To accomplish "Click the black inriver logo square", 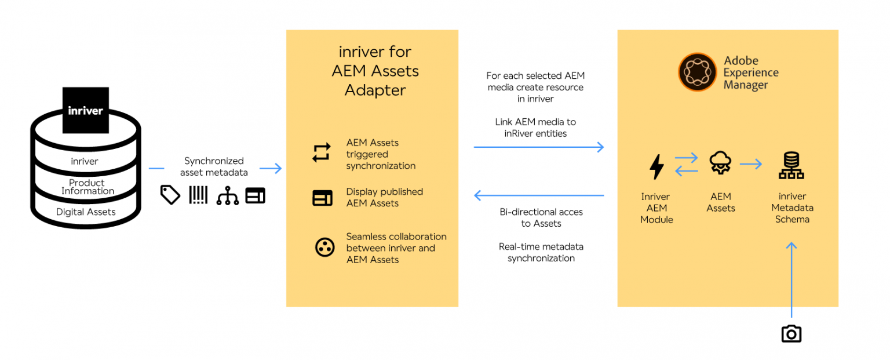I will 85,110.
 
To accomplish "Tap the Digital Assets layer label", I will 86,212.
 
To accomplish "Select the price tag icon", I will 170,195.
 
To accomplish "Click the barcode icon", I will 198,195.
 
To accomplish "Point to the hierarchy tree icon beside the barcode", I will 227,196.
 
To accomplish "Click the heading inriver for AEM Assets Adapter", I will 375,71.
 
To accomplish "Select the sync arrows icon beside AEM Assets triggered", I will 322,152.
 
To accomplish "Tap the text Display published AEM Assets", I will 384,197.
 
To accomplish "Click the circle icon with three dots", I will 324,248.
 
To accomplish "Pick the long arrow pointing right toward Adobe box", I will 539,147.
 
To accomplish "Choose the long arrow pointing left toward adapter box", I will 539,195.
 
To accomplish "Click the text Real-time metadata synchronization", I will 541,252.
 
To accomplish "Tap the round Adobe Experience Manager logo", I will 698,72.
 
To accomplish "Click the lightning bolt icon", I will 656,167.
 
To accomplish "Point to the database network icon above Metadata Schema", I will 791,166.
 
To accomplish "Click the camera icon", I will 791,334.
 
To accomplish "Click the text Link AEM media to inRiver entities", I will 535,128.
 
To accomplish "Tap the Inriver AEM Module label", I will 656,208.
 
